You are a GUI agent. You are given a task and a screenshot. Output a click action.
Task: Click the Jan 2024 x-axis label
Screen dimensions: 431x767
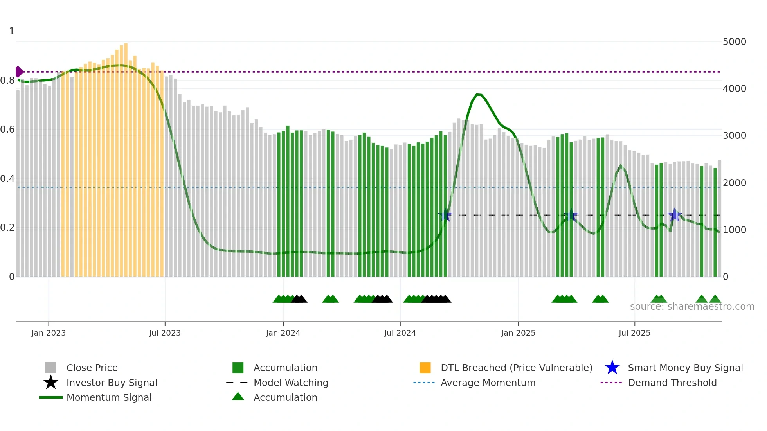coord(283,333)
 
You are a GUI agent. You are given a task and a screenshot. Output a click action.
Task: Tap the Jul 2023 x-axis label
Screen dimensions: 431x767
coord(165,333)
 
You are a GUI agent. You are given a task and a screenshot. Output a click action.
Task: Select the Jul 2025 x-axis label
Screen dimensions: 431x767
coord(634,333)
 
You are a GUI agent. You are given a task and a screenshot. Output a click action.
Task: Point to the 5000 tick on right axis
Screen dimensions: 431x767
coord(735,42)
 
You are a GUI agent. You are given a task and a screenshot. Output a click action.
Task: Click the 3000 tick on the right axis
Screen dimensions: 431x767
coord(735,136)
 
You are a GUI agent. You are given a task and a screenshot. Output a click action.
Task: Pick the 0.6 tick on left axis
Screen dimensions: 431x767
coord(7,129)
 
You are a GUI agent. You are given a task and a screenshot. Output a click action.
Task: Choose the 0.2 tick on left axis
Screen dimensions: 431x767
coord(7,228)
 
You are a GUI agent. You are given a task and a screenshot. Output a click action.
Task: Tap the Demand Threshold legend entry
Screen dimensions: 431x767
coord(672,383)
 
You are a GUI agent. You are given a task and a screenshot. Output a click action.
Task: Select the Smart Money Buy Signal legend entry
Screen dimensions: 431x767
coord(685,368)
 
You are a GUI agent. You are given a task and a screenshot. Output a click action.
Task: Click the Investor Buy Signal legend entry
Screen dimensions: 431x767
coord(112,383)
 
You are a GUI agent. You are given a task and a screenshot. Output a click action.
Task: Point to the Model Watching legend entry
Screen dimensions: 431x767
coord(290,383)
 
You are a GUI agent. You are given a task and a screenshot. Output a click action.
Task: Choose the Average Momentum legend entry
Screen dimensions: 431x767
coord(488,383)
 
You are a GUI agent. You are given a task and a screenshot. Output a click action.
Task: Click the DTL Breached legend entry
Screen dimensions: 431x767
coord(516,368)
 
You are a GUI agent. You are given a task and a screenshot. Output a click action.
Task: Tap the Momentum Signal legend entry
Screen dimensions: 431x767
coord(109,397)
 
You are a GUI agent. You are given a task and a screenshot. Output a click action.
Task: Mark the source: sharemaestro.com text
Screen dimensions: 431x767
coord(692,307)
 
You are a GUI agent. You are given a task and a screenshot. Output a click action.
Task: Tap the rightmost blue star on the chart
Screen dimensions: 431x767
coord(675,215)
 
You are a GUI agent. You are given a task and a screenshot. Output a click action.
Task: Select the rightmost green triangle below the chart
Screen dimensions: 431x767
coord(715,299)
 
